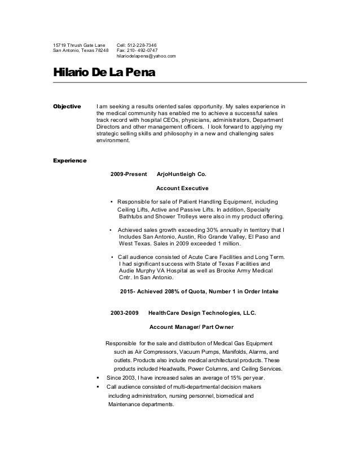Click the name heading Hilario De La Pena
pyautogui.click(x=104, y=74)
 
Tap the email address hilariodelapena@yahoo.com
pyautogui.click(x=146, y=56)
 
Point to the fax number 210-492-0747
pyautogui.click(x=141, y=50)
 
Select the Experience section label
pyautogui.click(x=69, y=161)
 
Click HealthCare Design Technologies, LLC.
pyautogui.click(x=201, y=312)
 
